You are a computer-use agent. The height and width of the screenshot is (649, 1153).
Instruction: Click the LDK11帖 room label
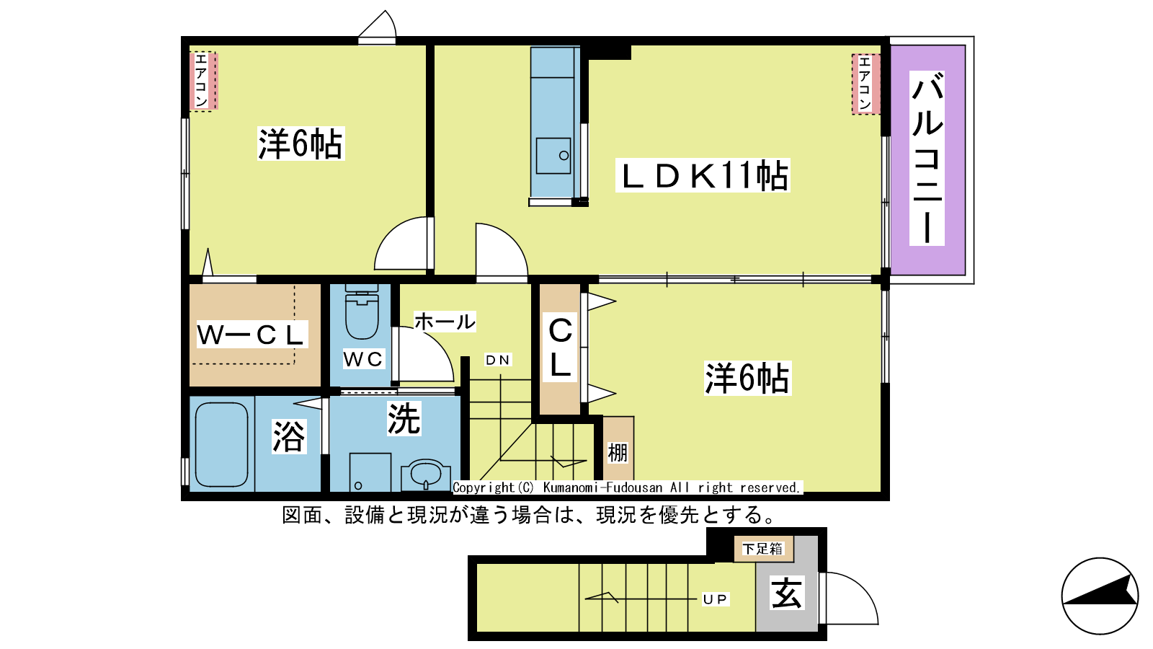click(703, 175)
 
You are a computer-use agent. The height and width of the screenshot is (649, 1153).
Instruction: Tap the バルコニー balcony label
click(927, 158)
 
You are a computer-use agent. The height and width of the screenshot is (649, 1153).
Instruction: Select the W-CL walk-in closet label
click(251, 335)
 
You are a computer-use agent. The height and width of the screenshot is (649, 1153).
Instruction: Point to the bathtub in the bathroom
click(221, 444)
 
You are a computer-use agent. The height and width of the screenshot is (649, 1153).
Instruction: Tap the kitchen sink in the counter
click(553, 156)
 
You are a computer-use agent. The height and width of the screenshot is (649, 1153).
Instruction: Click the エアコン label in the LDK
click(865, 84)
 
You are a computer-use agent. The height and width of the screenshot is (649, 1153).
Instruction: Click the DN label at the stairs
click(498, 360)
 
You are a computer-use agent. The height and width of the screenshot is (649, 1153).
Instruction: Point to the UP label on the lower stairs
click(716, 599)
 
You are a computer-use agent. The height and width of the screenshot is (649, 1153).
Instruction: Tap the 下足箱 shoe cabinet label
click(763, 549)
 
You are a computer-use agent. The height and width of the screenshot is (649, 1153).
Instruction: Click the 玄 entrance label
click(786, 592)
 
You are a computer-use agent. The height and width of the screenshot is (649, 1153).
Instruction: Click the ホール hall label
click(445, 322)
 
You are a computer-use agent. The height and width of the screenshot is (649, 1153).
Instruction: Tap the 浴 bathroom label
click(289, 436)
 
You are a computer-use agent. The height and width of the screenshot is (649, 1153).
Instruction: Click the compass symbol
click(1100, 596)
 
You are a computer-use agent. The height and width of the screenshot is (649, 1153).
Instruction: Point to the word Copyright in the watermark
click(484, 487)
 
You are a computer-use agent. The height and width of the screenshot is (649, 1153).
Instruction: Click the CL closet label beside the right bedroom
click(560, 348)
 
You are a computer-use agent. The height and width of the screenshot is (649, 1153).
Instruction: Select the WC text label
click(363, 359)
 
